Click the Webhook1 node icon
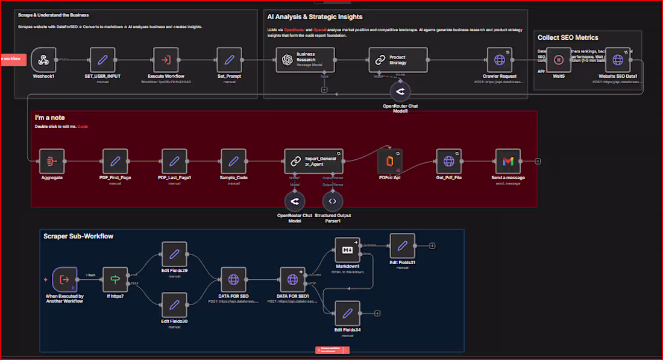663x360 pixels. point(43,60)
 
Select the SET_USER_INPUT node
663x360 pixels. point(102,60)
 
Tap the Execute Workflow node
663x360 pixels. point(165,60)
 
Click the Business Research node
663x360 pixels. point(305,60)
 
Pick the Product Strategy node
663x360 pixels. point(398,60)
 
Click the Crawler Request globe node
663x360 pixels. point(500,60)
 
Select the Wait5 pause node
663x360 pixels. point(559,60)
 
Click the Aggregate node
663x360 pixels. point(52,161)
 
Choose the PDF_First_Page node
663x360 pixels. point(115,161)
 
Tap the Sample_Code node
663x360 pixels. point(234,161)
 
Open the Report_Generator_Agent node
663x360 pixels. point(313,161)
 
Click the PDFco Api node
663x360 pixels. point(389,161)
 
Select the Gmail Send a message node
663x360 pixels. point(507,161)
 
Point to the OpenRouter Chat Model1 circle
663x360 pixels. point(400,92)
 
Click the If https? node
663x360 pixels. point(116,280)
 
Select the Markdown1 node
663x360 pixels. point(348,250)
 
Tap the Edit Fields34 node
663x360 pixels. point(347,313)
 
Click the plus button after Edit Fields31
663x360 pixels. point(432,245)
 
